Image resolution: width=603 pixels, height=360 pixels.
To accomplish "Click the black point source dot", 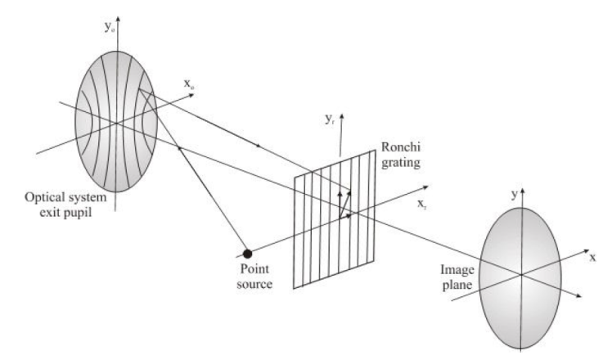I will tap(247, 254).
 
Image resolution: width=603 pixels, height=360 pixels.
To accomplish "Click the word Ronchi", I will tap(399, 151).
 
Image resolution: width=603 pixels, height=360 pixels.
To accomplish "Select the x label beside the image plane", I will tap(592, 256).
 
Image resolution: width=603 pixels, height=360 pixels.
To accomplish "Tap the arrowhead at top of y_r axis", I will tap(342, 116).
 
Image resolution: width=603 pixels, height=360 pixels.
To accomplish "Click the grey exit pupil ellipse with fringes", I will tap(115, 123).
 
